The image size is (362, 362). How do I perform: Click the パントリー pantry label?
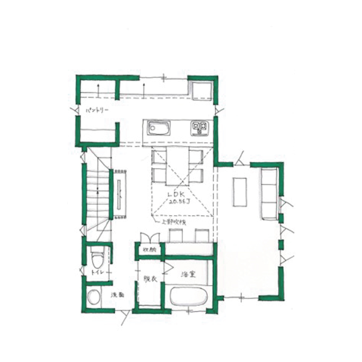[97, 111]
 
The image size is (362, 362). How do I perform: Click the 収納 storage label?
[149, 250]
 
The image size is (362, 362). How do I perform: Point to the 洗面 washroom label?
[118, 295]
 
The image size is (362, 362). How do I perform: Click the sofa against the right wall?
[269, 193]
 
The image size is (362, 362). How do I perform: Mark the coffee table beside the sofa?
[240, 191]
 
